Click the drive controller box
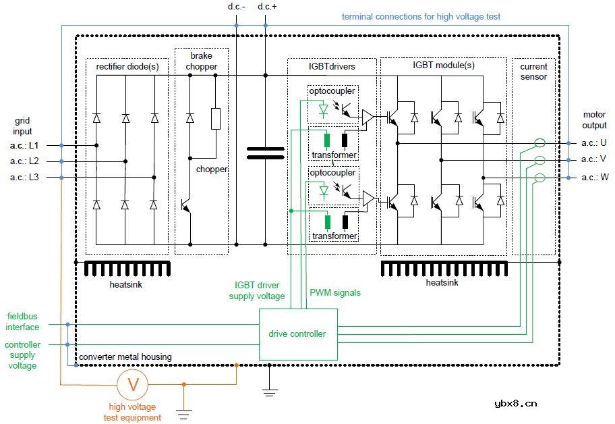point(297,334)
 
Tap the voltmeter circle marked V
point(134,385)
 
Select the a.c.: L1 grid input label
point(25,145)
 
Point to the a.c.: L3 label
point(25,178)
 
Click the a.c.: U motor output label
point(593,143)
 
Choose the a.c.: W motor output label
point(593,178)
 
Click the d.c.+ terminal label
point(268,7)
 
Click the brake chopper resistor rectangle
point(216,118)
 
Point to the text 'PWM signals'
point(334,293)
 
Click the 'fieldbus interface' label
point(23,321)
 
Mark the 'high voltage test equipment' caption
point(132,412)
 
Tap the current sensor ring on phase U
point(539,143)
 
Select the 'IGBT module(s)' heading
point(443,65)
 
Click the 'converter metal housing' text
point(125,356)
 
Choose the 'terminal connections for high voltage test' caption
point(421,16)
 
